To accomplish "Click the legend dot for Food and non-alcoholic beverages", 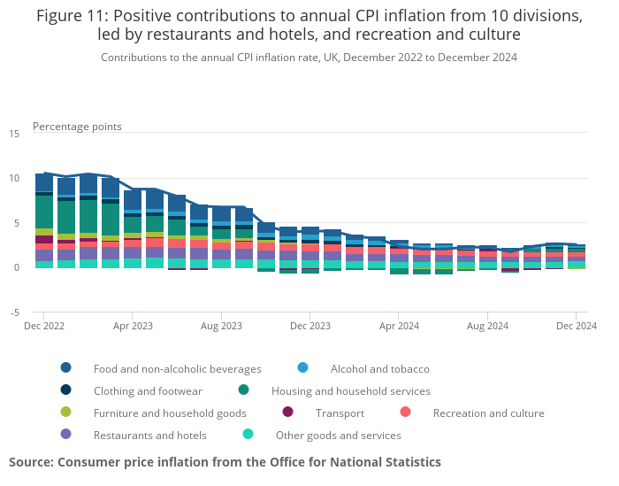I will pos(66,368).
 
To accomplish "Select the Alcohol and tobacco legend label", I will pos(379,368).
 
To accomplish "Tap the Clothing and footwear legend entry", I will pos(148,390).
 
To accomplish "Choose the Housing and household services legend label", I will pos(350,390).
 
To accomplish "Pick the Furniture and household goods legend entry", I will pos(170,413).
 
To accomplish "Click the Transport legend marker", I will pos(287,413).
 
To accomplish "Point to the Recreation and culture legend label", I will pos(488,413).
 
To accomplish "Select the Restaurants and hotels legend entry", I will pos(149,435).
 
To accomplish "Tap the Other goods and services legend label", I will pos(338,435).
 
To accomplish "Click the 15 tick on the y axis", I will pos(14,134).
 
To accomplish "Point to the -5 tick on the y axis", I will pos(14,312).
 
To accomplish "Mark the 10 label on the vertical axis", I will pos(14,179).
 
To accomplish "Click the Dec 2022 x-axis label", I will pos(43,326).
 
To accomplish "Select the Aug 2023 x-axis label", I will pos(221,326).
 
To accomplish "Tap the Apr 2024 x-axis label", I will pos(398,326).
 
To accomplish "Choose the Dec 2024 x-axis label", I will pos(576,326).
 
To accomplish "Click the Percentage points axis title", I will pos(77,127).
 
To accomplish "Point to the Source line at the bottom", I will pos(225,462).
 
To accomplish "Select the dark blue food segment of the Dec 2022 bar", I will pos(44,181).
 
